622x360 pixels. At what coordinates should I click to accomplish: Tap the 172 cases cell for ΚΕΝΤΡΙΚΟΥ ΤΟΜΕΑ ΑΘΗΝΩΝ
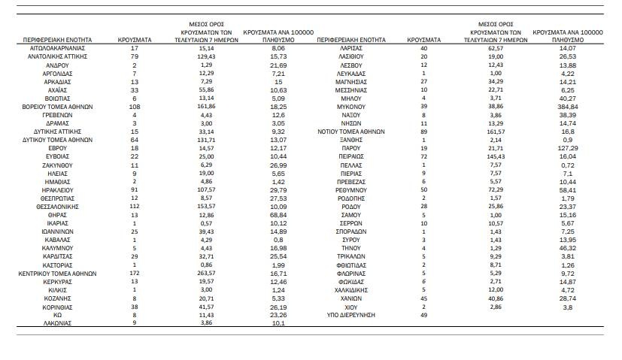(135, 274)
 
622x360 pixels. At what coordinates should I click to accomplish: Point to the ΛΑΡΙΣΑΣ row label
(350, 47)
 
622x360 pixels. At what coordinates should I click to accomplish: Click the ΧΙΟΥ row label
(350, 307)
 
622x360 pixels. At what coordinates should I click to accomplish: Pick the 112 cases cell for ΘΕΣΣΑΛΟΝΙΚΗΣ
(135, 206)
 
